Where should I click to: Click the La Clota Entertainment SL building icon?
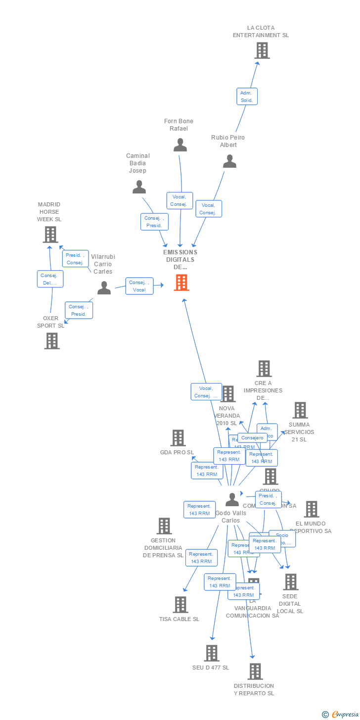pyautogui.click(x=262, y=50)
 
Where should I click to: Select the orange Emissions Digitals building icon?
pyautogui.click(x=181, y=283)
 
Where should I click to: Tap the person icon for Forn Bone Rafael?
pyautogui.click(x=180, y=145)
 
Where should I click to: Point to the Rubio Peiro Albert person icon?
pyautogui.click(x=229, y=161)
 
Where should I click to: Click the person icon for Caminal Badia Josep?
pyautogui.click(x=139, y=187)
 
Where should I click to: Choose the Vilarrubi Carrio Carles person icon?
pyautogui.click(x=104, y=288)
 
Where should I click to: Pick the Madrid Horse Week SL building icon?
pyautogui.click(x=50, y=235)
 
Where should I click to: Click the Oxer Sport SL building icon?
pyautogui.click(x=51, y=341)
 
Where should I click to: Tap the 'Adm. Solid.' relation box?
pyautogui.click(x=247, y=96)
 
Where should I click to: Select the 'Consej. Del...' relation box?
pyautogui.click(x=50, y=279)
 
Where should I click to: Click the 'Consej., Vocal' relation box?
pyautogui.click(x=139, y=286)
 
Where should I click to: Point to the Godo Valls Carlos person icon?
pyautogui.click(x=231, y=500)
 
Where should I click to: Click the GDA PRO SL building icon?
pyautogui.click(x=178, y=438)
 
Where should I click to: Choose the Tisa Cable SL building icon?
pyautogui.click(x=180, y=605)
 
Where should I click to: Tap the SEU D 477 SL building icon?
pyautogui.click(x=212, y=653)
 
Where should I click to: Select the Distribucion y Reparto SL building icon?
pyautogui.click(x=255, y=672)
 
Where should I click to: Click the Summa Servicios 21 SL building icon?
pyautogui.click(x=300, y=410)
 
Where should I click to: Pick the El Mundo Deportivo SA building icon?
pyautogui.click(x=311, y=509)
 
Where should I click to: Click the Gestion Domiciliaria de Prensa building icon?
pyautogui.click(x=164, y=526)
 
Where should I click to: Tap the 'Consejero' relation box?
pyautogui.click(x=252, y=438)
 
